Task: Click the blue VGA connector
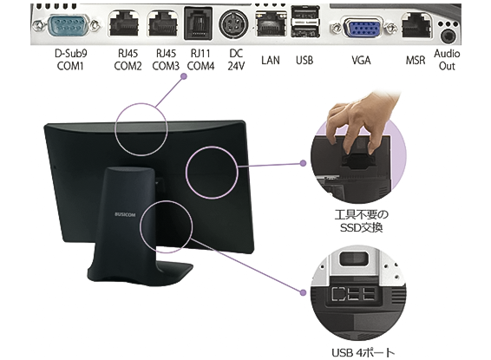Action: point(362,29)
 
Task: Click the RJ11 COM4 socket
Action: point(198,23)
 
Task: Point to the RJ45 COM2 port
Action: point(123,23)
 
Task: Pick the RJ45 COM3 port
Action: point(162,23)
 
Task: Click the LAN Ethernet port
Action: point(272,24)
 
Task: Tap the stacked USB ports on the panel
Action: point(305,22)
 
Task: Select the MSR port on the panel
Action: point(416,26)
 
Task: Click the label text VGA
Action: point(361,60)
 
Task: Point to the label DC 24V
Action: point(236,60)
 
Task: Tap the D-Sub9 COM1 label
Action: point(70,60)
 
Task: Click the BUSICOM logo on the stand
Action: point(125,215)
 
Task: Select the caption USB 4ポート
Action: point(363,353)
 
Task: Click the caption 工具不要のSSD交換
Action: point(362,221)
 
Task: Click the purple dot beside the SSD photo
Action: point(303,163)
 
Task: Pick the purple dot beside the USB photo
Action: point(303,292)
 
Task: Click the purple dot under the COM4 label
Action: point(184,76)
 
